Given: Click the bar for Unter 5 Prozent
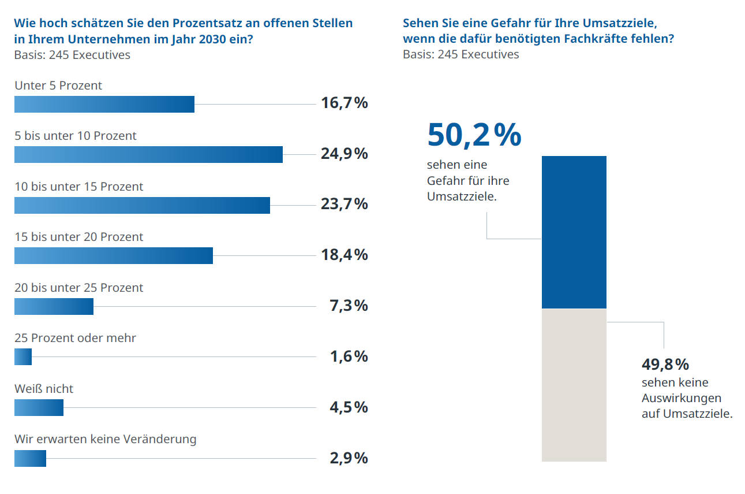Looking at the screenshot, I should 104,104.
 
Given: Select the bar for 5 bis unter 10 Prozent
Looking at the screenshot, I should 148,154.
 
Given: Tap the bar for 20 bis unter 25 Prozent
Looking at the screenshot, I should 54,306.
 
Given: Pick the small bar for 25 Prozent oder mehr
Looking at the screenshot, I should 23,357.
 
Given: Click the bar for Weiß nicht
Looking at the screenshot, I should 39,407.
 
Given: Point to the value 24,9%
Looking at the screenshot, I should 344,154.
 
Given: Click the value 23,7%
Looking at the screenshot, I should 344,204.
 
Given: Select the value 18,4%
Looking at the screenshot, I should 344,255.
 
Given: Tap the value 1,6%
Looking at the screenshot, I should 349,356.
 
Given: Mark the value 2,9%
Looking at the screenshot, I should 349,458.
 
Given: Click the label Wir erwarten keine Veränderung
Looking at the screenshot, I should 105,439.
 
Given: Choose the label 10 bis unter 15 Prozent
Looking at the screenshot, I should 78,187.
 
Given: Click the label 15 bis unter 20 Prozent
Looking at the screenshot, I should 78,237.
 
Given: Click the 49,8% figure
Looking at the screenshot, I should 665,365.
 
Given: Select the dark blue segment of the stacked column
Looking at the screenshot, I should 574,232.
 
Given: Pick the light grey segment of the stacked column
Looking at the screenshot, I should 574,385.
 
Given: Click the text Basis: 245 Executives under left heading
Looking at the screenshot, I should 72,55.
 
